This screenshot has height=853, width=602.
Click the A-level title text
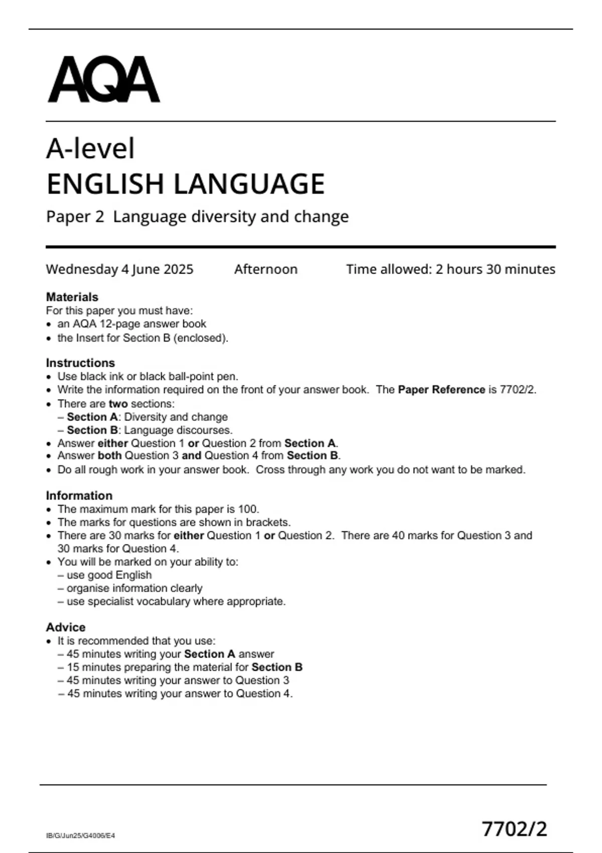pos(90,149)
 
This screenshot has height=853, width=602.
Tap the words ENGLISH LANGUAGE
pos(186,184)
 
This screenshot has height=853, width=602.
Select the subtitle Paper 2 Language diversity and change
pos(197,217)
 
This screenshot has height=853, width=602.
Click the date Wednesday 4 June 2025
pos(119,269)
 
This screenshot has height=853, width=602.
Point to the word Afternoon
pos(265,269)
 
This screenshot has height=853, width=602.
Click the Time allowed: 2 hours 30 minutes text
pos(450,269)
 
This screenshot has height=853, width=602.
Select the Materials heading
pos(72,297)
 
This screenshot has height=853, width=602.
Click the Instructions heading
pos(80,363)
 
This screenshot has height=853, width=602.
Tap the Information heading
pos(79,496)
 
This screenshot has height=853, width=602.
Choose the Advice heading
pos(66,627)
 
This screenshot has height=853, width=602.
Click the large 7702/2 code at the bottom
pos(514,829)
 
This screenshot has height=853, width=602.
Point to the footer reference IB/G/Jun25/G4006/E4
pos(80,835)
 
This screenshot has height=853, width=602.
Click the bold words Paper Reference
pos(441,390)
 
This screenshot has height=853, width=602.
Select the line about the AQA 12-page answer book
pos(131,324)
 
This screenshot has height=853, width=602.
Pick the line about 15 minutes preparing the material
pos(184,667)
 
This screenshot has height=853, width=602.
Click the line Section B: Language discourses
pos(149,430)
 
